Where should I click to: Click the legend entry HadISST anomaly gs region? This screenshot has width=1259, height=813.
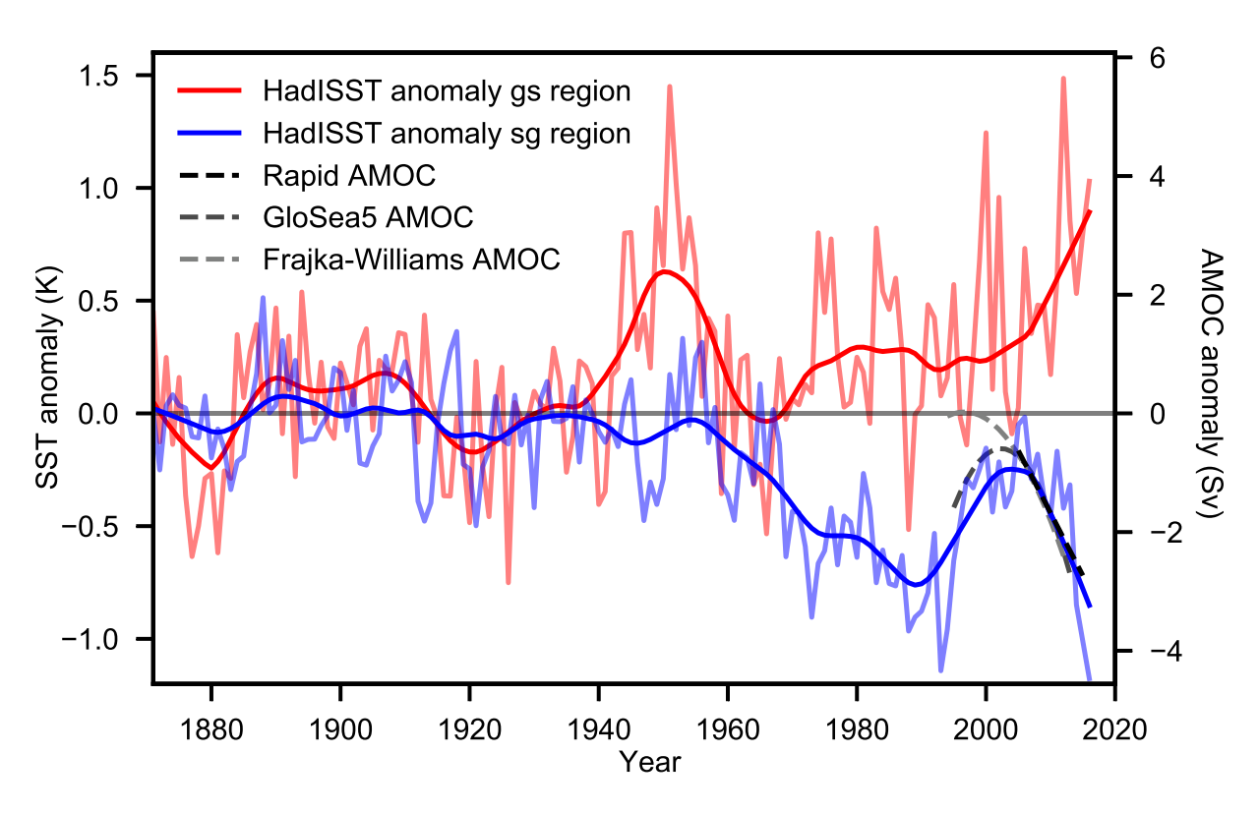(x=446, y=91)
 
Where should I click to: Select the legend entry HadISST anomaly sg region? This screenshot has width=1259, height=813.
(x=446, y=133)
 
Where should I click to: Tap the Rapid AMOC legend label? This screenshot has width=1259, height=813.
(x=349, y=176)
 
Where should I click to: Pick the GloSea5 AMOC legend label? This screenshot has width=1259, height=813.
(x=368, y=217)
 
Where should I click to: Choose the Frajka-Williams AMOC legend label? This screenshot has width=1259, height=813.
(x=411, y=260)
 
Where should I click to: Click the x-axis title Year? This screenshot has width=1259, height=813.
(x=650, y=762)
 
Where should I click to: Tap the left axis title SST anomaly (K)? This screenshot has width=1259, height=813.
(x=47, y=378)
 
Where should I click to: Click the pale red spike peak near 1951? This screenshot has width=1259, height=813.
(x=670, y=87)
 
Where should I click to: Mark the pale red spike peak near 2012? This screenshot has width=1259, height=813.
(x=1063, y=78)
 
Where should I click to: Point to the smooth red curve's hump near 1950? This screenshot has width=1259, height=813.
(x=665, y=271)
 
